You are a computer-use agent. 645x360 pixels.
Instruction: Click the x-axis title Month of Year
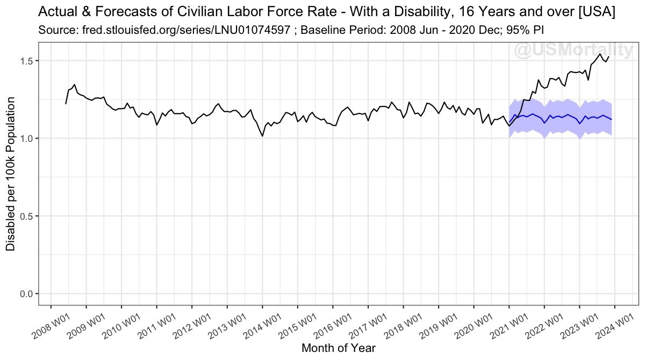[338, 348]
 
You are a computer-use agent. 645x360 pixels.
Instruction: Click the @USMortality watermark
[574, 51]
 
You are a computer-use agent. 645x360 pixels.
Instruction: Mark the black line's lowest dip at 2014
[262, 136]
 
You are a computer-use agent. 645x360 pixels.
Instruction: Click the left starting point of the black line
[66, 104]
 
